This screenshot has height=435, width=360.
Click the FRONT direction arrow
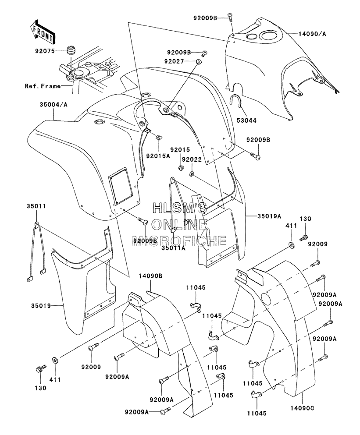point(43,31)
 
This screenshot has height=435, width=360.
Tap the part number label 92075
point(45,51)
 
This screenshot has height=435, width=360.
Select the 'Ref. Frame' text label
point(43,86)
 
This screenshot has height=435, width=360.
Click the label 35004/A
point(53,105)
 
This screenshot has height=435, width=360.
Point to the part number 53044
point(246,120)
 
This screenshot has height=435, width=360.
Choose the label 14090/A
point(313,34)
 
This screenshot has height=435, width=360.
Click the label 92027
point(174,61)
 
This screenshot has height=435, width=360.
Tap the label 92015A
point(158,156)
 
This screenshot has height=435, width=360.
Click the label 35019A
point(269,216)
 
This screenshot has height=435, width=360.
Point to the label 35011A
point(173,248)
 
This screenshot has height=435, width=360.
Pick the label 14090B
point(150,276)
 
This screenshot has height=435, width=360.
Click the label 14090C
point(302,408)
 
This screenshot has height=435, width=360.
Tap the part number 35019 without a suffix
point(41,306)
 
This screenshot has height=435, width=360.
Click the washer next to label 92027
point(198,62)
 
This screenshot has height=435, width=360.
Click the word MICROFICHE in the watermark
point(179,240)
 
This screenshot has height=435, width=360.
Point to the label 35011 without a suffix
point(36,206)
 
